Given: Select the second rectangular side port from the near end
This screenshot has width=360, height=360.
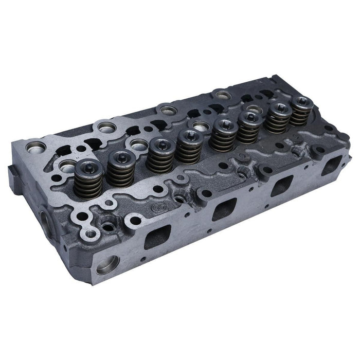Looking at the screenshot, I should click(223, 208).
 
